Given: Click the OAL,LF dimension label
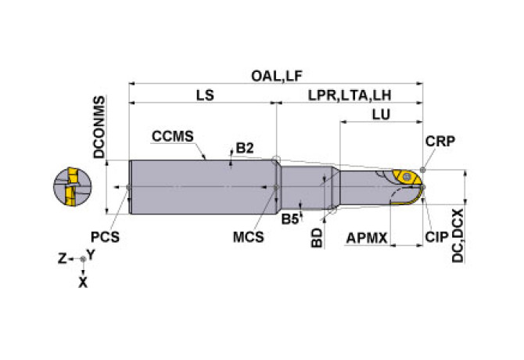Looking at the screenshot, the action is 277,76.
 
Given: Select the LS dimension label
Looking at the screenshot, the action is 205,95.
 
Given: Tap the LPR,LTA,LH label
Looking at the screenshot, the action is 350,95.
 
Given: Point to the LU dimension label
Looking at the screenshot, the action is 381,114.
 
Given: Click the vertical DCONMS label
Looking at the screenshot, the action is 99,127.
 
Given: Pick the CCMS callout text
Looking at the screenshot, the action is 172,136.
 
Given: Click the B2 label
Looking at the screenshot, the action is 245,148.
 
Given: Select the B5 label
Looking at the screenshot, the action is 289,219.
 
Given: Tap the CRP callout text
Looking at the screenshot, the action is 440,142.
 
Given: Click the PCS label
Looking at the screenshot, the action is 105,237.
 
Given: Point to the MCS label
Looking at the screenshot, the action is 248,237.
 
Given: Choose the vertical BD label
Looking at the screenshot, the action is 317,238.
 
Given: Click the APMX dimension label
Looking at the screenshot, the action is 367,239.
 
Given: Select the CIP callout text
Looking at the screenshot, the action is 436,237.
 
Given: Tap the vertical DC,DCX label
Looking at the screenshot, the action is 458,236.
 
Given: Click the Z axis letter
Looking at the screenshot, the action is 63,258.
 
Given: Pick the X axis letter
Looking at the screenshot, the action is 83,283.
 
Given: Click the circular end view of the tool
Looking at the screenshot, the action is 73,187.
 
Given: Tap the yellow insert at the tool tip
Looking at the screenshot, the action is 406,177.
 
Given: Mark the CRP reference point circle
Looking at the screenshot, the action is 423,170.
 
